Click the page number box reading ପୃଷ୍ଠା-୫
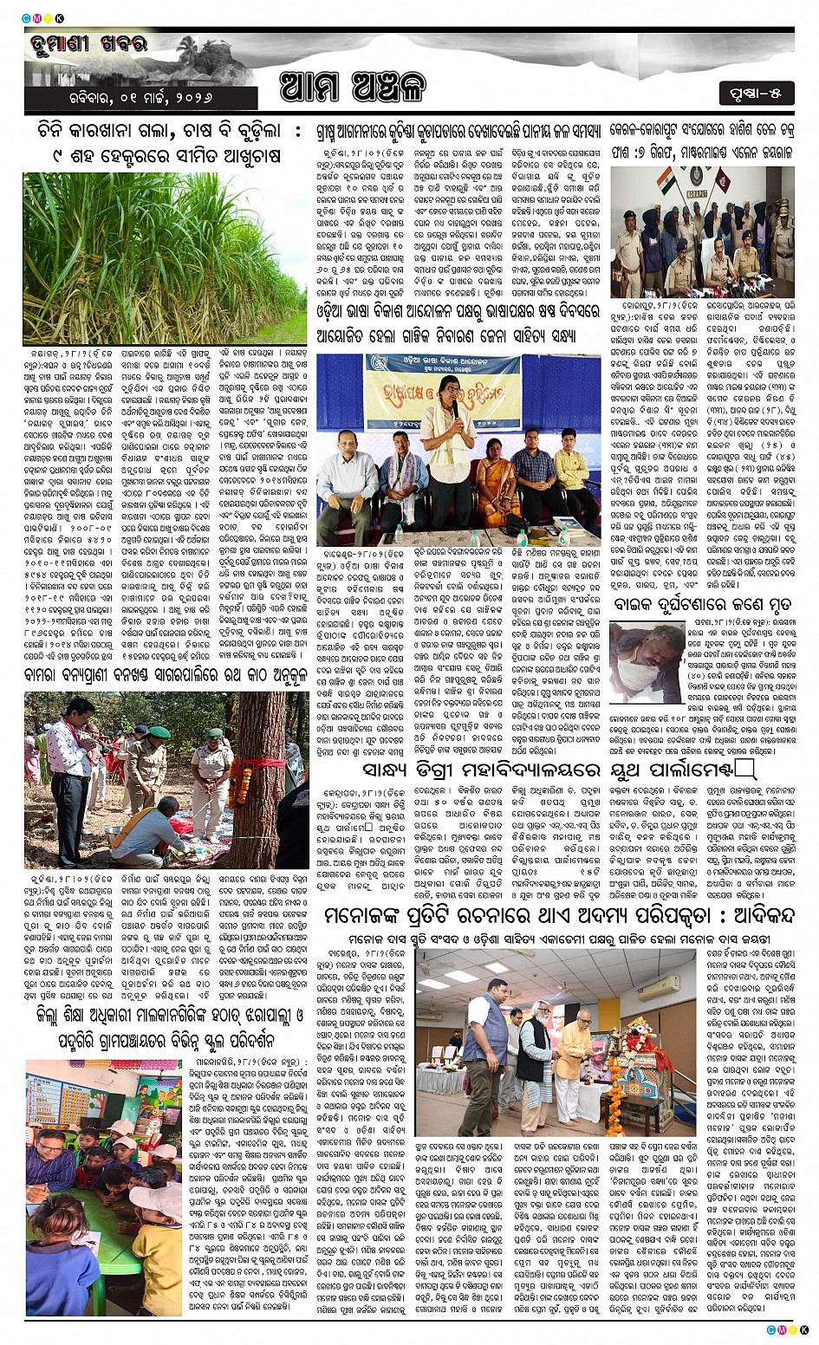coord(756,91)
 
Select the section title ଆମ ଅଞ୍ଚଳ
coord(353,88)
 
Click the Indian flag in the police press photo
coord(666,181)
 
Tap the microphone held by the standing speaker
coord(454,408)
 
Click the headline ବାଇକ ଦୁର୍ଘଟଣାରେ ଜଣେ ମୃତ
coord(701,603)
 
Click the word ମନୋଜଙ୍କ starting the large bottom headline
coord(358,916)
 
